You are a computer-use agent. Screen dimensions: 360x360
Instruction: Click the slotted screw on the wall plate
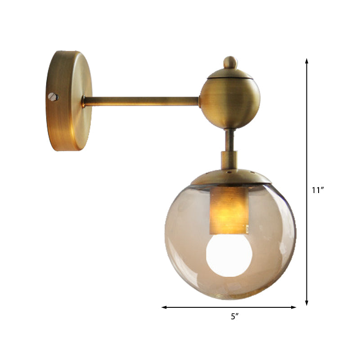[54, 96]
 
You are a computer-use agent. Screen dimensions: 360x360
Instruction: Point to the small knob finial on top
[230, 62]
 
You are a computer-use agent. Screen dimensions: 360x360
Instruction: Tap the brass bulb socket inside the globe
[229, 210]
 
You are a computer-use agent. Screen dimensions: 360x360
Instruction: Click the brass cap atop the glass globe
[231, 177]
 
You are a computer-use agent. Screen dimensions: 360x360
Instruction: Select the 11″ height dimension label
[318, 190]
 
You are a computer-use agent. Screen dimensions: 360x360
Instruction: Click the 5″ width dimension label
[234, 316]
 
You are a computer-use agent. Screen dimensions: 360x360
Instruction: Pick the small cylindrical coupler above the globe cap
[229, 160]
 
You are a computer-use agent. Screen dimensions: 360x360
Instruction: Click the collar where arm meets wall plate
[84, 102]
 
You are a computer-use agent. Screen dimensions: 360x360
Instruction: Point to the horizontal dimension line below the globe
[202, 307]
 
